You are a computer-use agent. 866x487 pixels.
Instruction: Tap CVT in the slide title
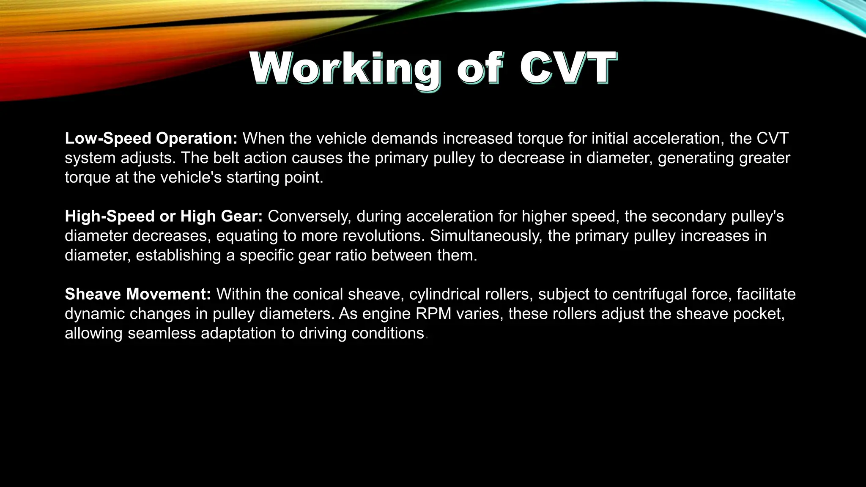pos(568,68)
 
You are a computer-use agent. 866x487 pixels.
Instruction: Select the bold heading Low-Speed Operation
pos(151,138)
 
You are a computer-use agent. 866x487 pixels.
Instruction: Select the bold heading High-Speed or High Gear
pos(164,216)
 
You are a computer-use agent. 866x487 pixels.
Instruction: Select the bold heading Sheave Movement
pos(138,294)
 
